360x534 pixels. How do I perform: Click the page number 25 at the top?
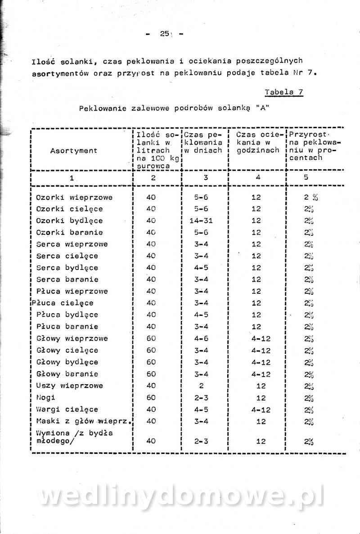(x=163, y=34)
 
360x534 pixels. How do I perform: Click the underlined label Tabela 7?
(x=283, y=92)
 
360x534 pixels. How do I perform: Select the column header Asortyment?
(x=74, y=151)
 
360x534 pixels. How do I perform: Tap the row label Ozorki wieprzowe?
(x=74, y=197)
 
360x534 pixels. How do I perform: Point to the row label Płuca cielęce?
(x=63, y=303)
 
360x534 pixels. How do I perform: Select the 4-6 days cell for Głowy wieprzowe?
(x=201, y=338)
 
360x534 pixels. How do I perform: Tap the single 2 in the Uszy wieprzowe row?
(x=201, y=386)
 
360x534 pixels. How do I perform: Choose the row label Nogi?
(x=45, y=398)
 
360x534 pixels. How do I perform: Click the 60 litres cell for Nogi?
(x=151, y=398)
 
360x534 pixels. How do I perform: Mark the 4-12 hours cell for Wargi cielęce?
(x=261, y=409)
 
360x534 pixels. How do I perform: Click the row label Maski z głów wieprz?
(x=84, y=422)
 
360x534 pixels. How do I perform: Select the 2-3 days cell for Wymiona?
(x=201, y=441)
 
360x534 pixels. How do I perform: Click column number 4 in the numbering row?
(x=258, y=177)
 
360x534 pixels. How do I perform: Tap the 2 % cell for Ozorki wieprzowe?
(x=310, y=197)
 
